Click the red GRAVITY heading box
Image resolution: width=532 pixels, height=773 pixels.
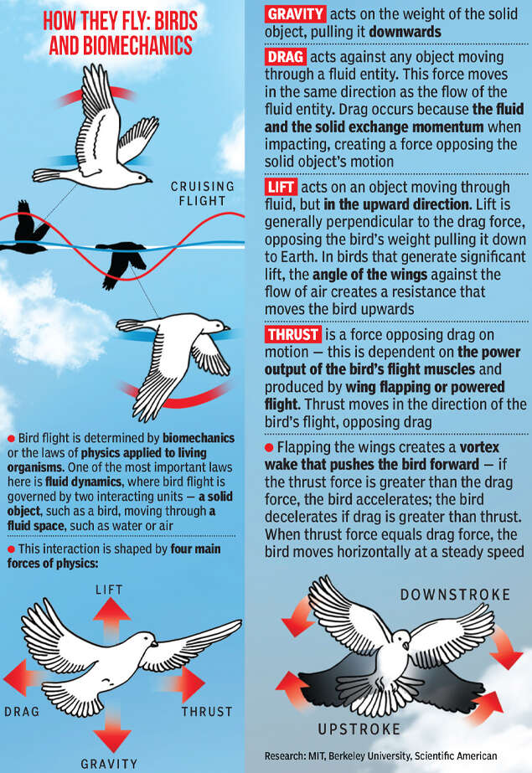coord(295,14)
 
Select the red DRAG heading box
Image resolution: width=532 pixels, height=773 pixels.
coord(286,57)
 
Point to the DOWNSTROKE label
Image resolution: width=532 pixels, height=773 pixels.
coord(455,595)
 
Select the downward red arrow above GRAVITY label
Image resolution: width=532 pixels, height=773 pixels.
coord(112,730)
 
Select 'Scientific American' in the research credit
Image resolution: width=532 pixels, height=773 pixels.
coord(468,756)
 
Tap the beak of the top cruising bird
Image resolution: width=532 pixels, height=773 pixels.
coord(150,179)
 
